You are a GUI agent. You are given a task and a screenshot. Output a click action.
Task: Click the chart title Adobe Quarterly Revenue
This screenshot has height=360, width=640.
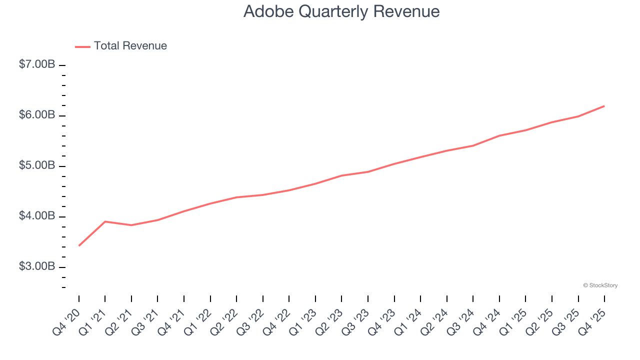[341, 11]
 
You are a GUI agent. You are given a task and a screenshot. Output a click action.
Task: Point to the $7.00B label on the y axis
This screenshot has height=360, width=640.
[37, 64]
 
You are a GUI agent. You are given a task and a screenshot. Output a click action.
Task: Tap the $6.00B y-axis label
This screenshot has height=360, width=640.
[37, 115]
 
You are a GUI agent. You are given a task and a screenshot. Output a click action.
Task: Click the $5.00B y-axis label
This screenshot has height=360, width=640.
[37, 165]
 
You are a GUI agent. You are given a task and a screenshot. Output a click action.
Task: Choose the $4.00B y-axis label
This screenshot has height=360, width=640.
[37, 216]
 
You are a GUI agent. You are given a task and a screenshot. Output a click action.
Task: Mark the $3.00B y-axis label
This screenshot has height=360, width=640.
[37, 266]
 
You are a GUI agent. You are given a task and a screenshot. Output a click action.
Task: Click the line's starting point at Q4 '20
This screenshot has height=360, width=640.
[79, 245]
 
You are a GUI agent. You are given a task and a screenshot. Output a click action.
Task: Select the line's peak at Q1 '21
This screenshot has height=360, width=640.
[105, 221]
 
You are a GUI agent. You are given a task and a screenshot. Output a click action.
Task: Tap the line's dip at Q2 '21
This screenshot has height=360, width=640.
[131, 225]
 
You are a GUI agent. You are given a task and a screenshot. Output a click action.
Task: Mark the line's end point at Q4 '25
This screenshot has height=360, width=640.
[604, 106]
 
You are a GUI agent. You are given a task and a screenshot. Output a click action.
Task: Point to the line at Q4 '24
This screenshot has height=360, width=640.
[499, 135]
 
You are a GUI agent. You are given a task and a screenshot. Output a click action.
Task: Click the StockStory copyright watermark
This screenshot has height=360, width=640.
[600, 285]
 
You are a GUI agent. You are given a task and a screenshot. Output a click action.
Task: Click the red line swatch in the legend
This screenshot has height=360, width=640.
[82, 46]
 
